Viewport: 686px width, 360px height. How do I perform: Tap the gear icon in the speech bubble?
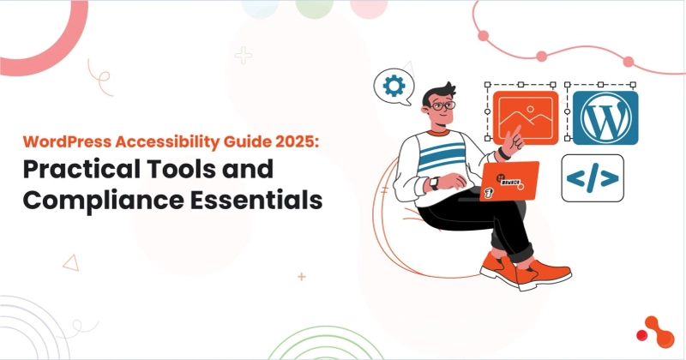(394, 86)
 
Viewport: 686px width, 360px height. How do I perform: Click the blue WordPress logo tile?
(605, 117)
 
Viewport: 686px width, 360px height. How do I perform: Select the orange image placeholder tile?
(526, 117)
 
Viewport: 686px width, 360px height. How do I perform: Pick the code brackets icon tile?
(593, 177)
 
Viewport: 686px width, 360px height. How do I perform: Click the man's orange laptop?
(509, 183)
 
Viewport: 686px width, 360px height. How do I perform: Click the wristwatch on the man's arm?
(434, 183)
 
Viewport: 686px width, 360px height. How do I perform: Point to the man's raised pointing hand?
(513, 137)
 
